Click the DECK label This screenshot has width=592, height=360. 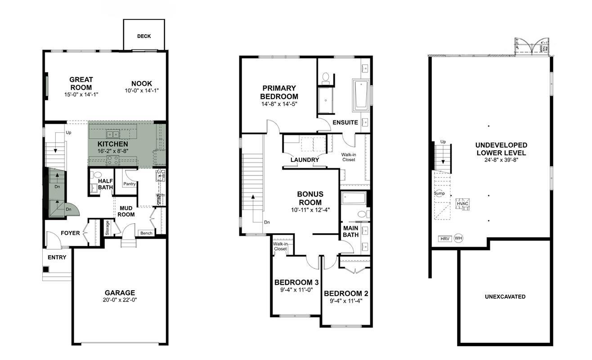(x=144, y=36)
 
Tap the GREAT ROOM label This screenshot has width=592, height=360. (x=81, y=84)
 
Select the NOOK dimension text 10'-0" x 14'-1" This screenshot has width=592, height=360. (x=141, y=90)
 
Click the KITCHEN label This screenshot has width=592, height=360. (x=113, y=144)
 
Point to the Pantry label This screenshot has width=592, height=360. (x=130, y=184)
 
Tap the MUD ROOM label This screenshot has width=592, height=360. (x=126, y=211)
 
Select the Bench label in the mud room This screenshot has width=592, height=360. (x=146, y=233)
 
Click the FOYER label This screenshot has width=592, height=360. (x=70, y=233)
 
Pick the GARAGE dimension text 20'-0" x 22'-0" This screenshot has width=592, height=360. (x=120, y=300)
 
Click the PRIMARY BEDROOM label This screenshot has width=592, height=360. (x=279, y=92)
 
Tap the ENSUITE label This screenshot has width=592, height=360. (x=345, y=122)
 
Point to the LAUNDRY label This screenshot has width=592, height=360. (x=305, y=160)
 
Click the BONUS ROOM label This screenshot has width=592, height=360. (x=310, y=198)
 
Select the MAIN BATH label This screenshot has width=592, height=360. (x=350, y=231)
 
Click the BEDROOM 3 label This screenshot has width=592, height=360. (x=296, y=283)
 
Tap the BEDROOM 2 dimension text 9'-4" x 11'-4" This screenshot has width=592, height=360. (x=346, y=301)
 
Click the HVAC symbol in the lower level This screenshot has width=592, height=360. (x=462, y=204)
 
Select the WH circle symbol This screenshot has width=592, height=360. (x=458, y=238)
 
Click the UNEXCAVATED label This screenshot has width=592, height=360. (x=505, y=297)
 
